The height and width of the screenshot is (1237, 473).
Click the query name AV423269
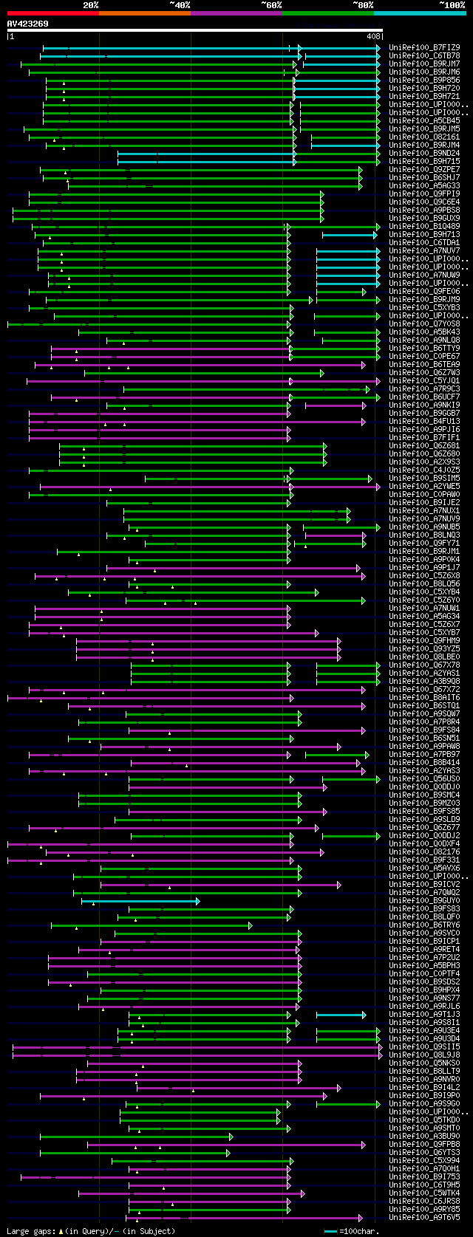(x=28, y=24)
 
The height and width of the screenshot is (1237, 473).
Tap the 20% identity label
(x=91, y=4)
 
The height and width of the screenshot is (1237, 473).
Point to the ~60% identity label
(x=271, y=4)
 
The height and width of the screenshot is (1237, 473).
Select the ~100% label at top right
(x=452, y=4)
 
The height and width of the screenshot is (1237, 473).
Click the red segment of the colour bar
(x=52, y=13)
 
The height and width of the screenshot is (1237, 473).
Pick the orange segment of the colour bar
(x=144, y=13)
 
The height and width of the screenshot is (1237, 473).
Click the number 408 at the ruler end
(x=373, y=35)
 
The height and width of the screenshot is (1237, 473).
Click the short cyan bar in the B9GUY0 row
(x=140, y=901)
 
